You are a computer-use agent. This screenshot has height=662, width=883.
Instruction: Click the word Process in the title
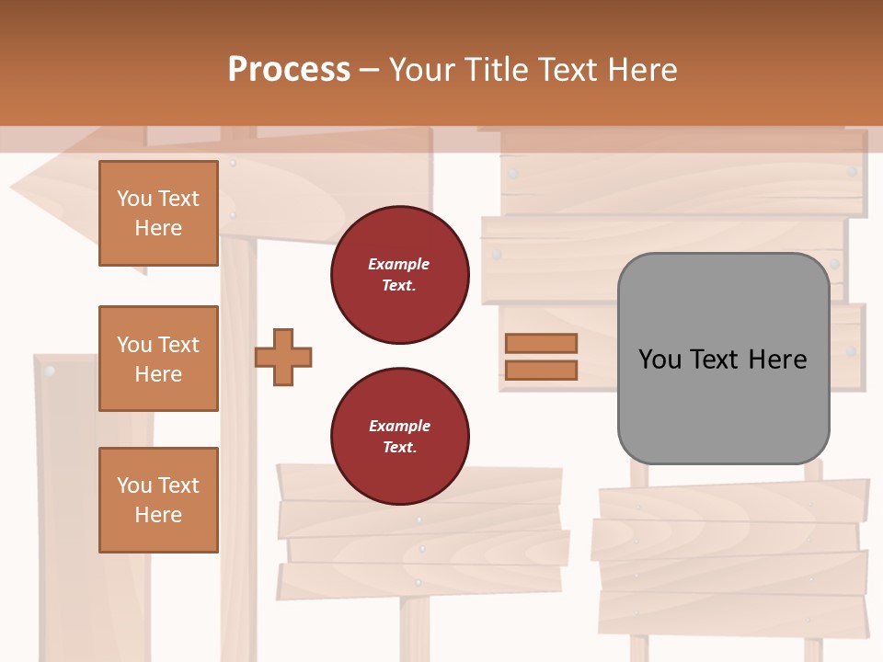tap(289, 70)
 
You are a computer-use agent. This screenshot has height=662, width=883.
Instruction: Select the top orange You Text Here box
tap(158, 213)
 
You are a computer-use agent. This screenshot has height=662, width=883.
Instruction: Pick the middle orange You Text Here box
tap(158, 359)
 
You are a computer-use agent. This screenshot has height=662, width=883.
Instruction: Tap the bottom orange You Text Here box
tap(158, 500)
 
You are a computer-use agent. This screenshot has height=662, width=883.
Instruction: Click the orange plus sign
tap(283, 358)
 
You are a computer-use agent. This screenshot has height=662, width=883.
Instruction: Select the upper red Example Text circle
tap(399, 275)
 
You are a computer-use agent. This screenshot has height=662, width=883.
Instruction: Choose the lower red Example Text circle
tap(399, 437)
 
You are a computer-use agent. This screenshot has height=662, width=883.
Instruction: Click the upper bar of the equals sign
tap(541, 343)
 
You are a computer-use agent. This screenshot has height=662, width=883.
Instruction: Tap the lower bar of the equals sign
tap(541, 371)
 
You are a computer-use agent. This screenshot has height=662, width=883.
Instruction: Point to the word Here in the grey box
tap(777, 360)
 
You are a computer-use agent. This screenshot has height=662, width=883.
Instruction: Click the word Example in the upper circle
tap(399, 264)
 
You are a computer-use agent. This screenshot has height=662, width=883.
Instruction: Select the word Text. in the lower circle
tap(399, 448)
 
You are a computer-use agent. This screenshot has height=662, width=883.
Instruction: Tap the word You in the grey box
tap(659, 360)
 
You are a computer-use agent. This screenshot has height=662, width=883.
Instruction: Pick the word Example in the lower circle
tap(399, 426)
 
